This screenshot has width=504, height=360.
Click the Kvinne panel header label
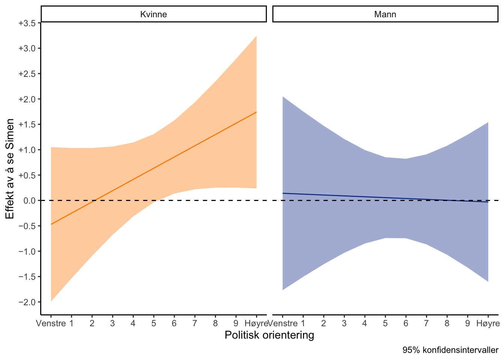pos(153,15)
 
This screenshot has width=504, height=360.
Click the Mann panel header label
pos(385,15)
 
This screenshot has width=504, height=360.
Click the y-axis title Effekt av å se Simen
pos(10,169)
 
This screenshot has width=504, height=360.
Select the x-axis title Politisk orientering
pos(269,335)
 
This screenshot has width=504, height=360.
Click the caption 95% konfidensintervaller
pos(450,350)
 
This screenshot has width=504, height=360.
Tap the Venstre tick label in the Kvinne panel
pos(51,323)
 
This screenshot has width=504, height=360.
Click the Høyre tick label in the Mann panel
pos(488,323)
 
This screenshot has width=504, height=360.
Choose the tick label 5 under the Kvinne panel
pos(154,323)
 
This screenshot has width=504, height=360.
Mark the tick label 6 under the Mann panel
pos(406,323)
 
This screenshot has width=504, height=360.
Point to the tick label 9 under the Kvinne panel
pos(236,323)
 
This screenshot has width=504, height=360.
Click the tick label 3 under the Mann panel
pos(344,323)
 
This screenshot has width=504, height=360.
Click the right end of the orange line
pos(256,112)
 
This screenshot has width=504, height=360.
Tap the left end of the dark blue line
pos(283,193)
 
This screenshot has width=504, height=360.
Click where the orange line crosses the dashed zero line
pos(94,201)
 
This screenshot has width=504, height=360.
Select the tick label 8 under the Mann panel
pos(447,323)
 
